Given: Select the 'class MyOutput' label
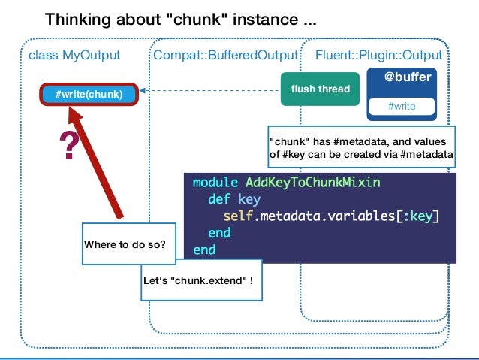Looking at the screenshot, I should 74,56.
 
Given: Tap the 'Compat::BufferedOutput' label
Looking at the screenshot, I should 226,56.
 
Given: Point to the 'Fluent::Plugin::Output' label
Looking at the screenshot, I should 378,56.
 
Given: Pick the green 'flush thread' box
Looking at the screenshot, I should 320,89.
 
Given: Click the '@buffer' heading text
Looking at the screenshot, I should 402,77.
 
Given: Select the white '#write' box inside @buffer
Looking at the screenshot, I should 402,106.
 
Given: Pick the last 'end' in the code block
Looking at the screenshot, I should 204,249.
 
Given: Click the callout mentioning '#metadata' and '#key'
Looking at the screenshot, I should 361,147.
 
